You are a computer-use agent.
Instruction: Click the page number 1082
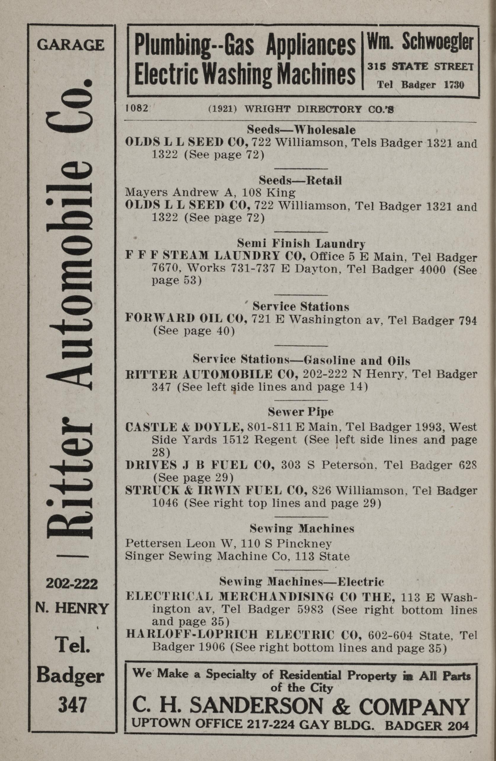[137, 108]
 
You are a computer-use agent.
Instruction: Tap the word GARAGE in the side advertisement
[71, 45]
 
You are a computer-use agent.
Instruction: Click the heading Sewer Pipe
[300, 412]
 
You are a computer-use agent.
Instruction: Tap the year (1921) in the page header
[222, 109]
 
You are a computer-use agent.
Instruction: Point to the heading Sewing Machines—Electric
[301, 582]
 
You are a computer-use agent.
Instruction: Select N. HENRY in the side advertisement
[72, 608]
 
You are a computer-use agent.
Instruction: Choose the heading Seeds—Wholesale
[301, 130]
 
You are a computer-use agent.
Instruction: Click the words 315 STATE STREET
[420, 66]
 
